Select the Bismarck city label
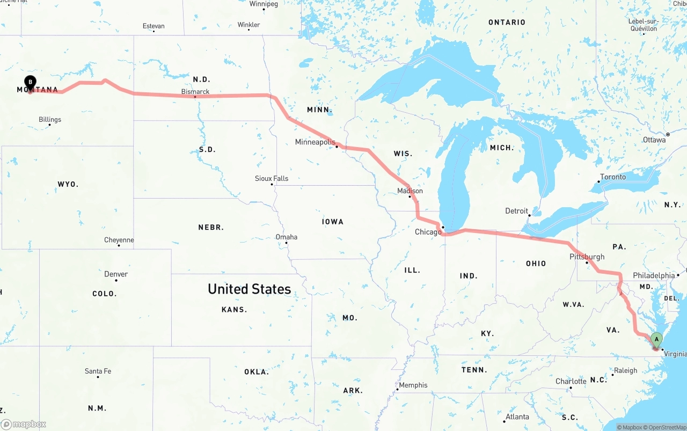pyautogui.click(x=195, y=92)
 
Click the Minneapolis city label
pyautogui.click(x=315, y=142)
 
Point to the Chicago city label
pyautogui.click(x=428, y=232)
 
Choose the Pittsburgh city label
pyautogui.click(x=587, y=257)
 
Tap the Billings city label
pyautogui.click(x=50, y=120)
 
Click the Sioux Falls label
pyautogui.click(x=272, y=178)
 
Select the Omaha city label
pyautogui.click(x=286, y=237)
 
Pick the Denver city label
pyautogui.click(x=116, y=274)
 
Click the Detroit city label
pyautogui.click(x=516, y=211)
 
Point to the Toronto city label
pyautogui.click(x=613, y=177)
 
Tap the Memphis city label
pyautogui.click(x=413, y=385)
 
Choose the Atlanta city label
pyautogui.click(x=517, y=417)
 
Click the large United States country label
pyautogui.click(x=250, y=289)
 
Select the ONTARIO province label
pyautogui.click(x=507, y=22)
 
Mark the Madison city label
pyautogui.click(x=410, y=191)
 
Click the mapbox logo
pyautogui.click(x=24, y=425)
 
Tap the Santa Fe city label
pyautogui.click(x=98, y=371)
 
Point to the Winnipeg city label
pyautogui.click(x=264, y=4)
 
